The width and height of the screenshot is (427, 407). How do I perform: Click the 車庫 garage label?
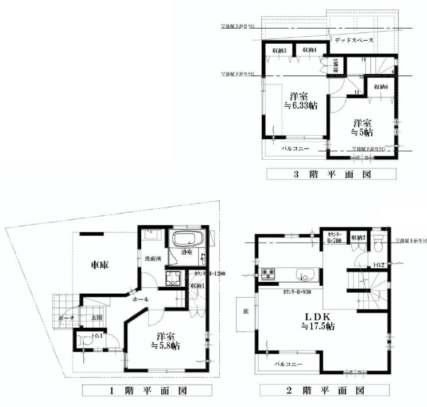click(100, 265)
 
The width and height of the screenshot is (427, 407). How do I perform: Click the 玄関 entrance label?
click(97, 317)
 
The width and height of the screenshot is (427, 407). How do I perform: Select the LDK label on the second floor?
click(319, 316)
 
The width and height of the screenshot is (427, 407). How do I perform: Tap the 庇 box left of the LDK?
click(246, 312)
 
